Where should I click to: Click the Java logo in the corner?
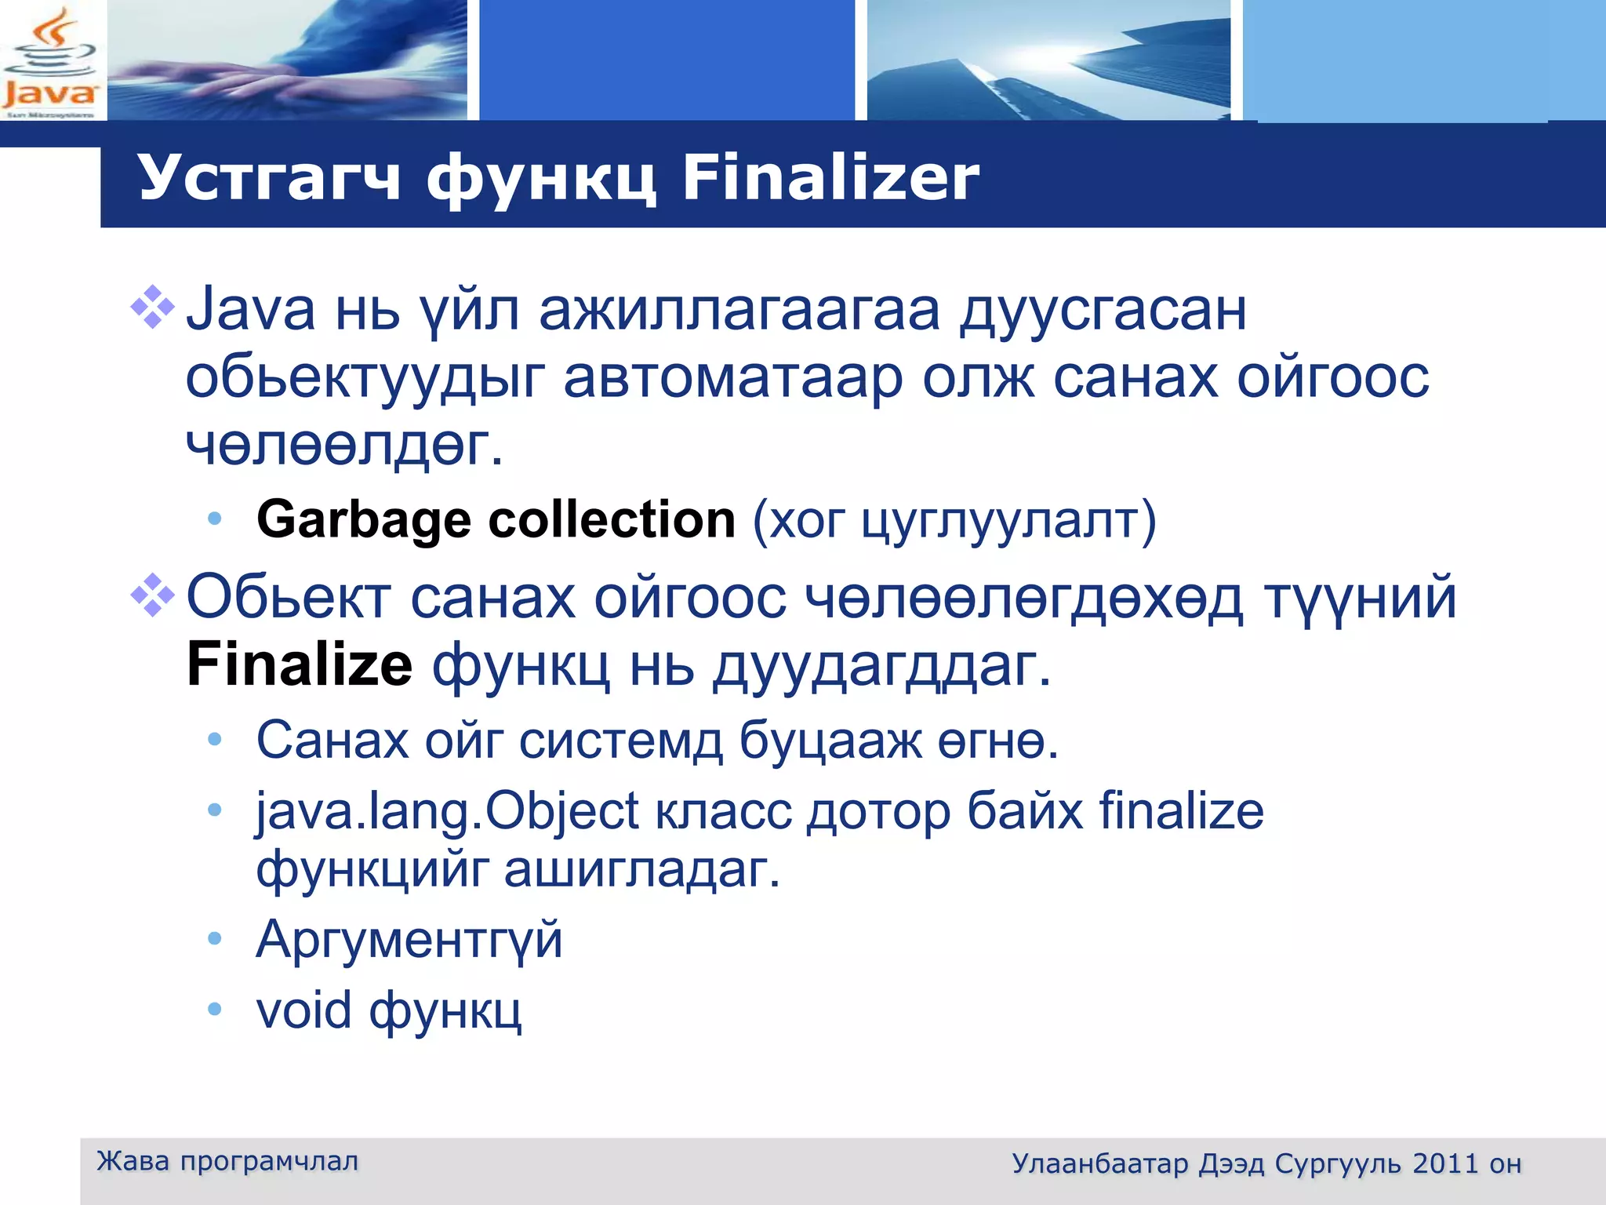tap(51, 61)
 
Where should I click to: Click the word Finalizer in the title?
tap(830, 178)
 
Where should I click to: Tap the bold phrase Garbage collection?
tap(496, 519)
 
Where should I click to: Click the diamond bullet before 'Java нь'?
tap(152, 308)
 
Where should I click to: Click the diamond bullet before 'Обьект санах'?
tap(152, 595)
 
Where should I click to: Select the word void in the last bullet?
tap(303, 1010)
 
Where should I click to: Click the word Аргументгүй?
tap(409, 939)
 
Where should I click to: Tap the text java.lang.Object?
tap(448, 810)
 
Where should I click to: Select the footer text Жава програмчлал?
tap(227, 1161)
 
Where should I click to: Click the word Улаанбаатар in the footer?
tap(1099, 1163)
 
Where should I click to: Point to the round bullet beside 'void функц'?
tap(215, 1009)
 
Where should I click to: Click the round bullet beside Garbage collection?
tap(215, 519)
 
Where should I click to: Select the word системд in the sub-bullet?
tap(620, 740)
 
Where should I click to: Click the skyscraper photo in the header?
tap(1048, 60)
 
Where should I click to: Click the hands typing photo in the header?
tap(287, 60)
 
